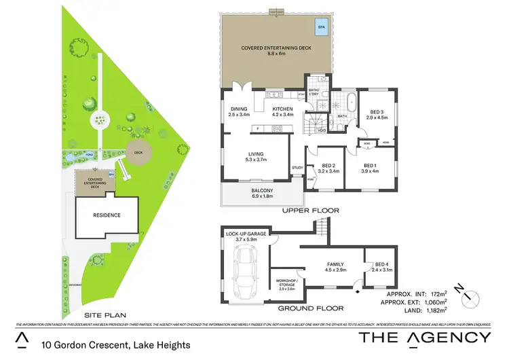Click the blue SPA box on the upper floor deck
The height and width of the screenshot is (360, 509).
pyautogui.click(x=320, y=28)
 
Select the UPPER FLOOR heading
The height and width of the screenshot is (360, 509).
pyautogui.click(x=310, y=211)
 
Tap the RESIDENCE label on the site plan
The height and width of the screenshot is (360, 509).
pyautogui.click(x=107, y=215)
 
